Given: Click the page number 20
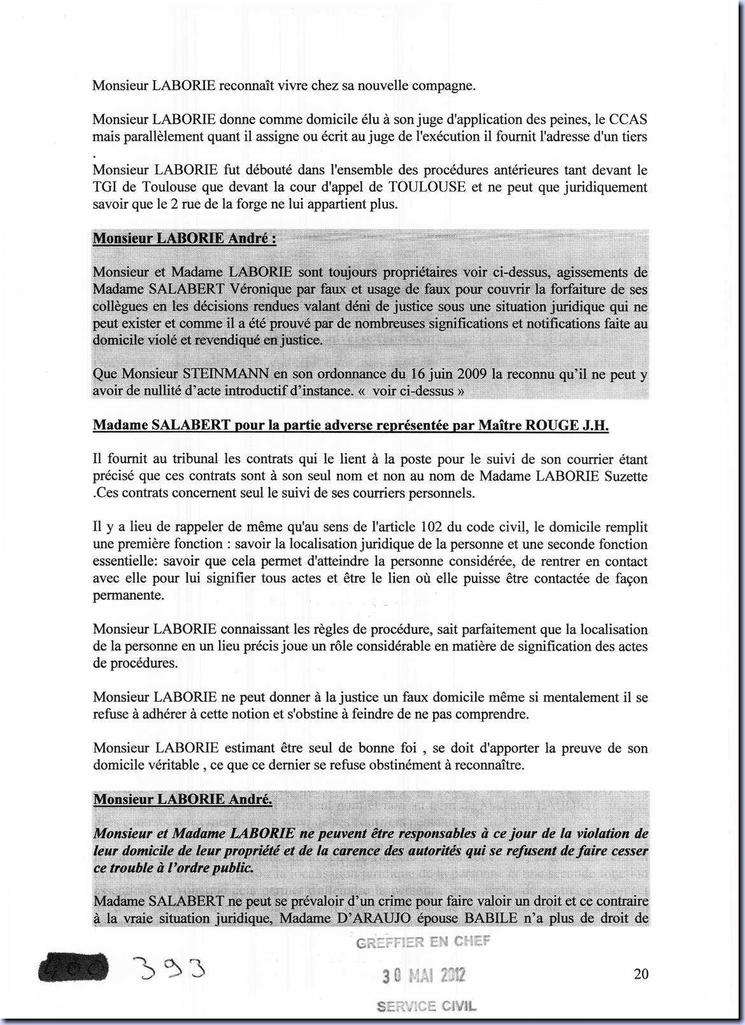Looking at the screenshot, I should tap(641, 973).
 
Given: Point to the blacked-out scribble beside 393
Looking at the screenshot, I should tap(73, 970).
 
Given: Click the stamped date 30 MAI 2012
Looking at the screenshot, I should tap(423, 975).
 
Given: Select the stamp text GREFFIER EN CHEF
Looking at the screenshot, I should tap(423, 942).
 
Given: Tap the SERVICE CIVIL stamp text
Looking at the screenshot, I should tap(426, 1007).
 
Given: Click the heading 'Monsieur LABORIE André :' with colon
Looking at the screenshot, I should tap(185, 239).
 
